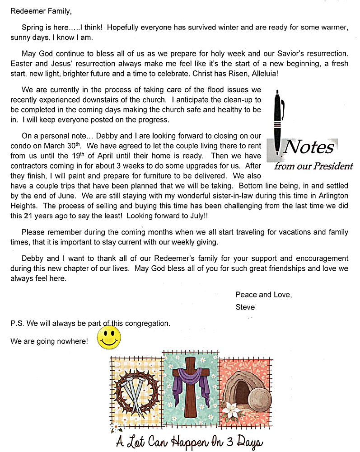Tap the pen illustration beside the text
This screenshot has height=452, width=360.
[x=280, y=122]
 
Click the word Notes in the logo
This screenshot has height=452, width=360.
[x=310, y=146]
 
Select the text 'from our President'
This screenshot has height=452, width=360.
[x=313, y=166]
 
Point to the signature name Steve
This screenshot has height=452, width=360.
[x=245, y=307]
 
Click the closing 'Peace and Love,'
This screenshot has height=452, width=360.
[x=263, y=295]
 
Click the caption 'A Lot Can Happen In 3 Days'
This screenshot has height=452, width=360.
[x=189, y=441]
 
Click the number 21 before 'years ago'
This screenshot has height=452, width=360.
[x=29, y=216]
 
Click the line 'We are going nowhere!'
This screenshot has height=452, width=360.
[x=49, y=341]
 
